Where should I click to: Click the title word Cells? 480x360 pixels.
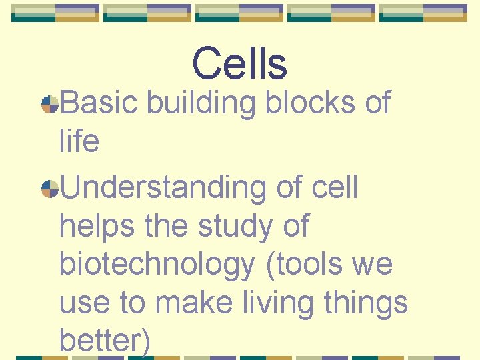pos(239,64)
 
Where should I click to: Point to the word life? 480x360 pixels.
pos(79,141)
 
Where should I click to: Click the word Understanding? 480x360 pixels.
pos(163,189)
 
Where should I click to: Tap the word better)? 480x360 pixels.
pos(105,341)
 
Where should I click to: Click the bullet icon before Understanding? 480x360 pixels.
pos(49,189)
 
